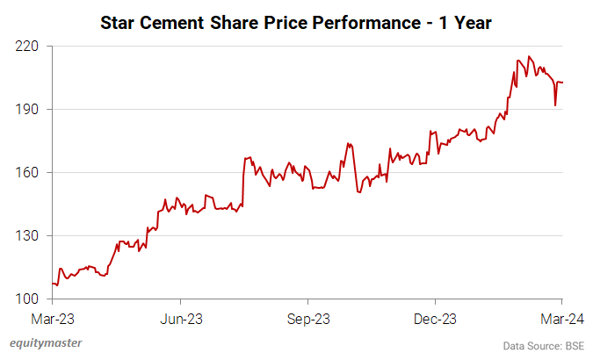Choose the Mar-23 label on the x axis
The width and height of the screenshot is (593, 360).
pyautogui.click(x=54, y=318)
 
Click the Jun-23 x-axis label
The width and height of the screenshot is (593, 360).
pyautogui.click(x=183, y=318)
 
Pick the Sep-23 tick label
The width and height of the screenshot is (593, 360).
pyautogui.click(x=309, y=318)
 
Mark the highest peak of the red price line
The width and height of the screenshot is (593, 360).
pyautogui.click(x=529, y=56)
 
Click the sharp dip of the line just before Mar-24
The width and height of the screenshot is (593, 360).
pyautogui.click(x=555, y=105)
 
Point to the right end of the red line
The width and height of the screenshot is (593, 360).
pyautogui.click(x=562, y=83)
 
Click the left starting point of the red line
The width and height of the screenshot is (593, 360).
pyautogui.click(x=53, y=284)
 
